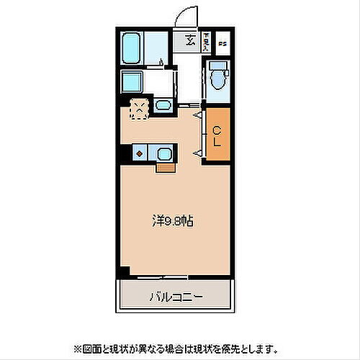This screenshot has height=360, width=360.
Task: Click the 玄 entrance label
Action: tap(190, 40)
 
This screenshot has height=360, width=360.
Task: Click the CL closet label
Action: tap(217, 135)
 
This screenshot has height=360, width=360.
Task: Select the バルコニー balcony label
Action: tap(176, 297)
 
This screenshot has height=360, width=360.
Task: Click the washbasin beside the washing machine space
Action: tap(163, 107)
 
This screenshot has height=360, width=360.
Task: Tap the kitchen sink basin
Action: tap(163, 153)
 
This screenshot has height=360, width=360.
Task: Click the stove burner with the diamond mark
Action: tap(138, 153)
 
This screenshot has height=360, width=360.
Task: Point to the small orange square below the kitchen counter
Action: tap(165, 168)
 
